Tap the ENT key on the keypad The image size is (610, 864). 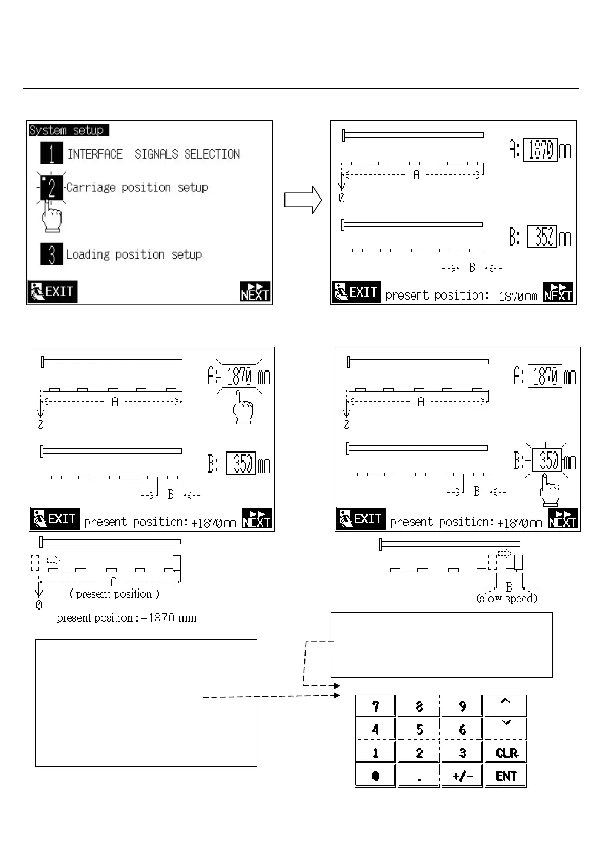click(506, 776)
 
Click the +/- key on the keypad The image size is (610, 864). click(462, 776)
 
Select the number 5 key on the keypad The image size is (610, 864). click(419, 729)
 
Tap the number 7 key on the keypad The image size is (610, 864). click(376, 706)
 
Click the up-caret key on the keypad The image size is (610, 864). click(506, 704)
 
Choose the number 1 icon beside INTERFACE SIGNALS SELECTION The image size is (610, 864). click(52, 153)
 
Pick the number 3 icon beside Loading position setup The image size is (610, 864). click(52, 254)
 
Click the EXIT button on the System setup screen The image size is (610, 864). click(52, 291)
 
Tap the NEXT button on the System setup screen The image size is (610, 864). click(255, 291)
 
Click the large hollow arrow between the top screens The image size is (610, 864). click(303, 199)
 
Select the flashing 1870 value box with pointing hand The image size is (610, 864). click(239, 377)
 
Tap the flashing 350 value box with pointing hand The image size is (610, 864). click(547, 460)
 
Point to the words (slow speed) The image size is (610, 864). click(506, 598)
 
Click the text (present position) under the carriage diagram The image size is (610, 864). click(114, 594)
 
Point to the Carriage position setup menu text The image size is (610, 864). click(137, 187)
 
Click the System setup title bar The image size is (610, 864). click(69, 130)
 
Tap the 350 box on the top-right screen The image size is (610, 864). click(542, 237)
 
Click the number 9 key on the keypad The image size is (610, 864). click(462, 706)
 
